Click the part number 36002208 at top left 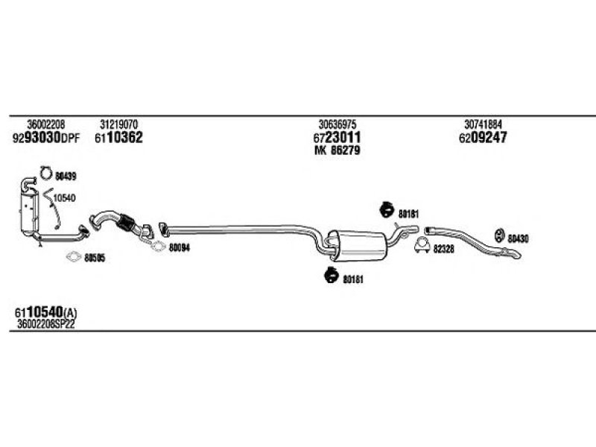click(x=46, y=124)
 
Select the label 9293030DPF click(x=46, y=138)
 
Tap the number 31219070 click(x=118, y=124)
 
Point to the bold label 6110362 click(x=118, y=138)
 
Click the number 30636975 click(x=337, y=124)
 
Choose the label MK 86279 click(x=337, y=150)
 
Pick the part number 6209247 click(x=483, y=138)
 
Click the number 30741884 click(x=483, y=124)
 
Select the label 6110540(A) click(x=45, y=313)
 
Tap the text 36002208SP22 click(x=46, y=324)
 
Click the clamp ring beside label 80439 click(x=45, y=173)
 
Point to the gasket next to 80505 click(x=73, y=257)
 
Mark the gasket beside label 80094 click(x=158, y=247)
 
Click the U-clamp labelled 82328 click(x=422, y=246)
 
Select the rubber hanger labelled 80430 click(x=499, y=235)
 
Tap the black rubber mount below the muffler click(x=332, y=275)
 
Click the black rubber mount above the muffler click(x=387, y=209)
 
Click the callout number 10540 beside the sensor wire click(x=64, y=198)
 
